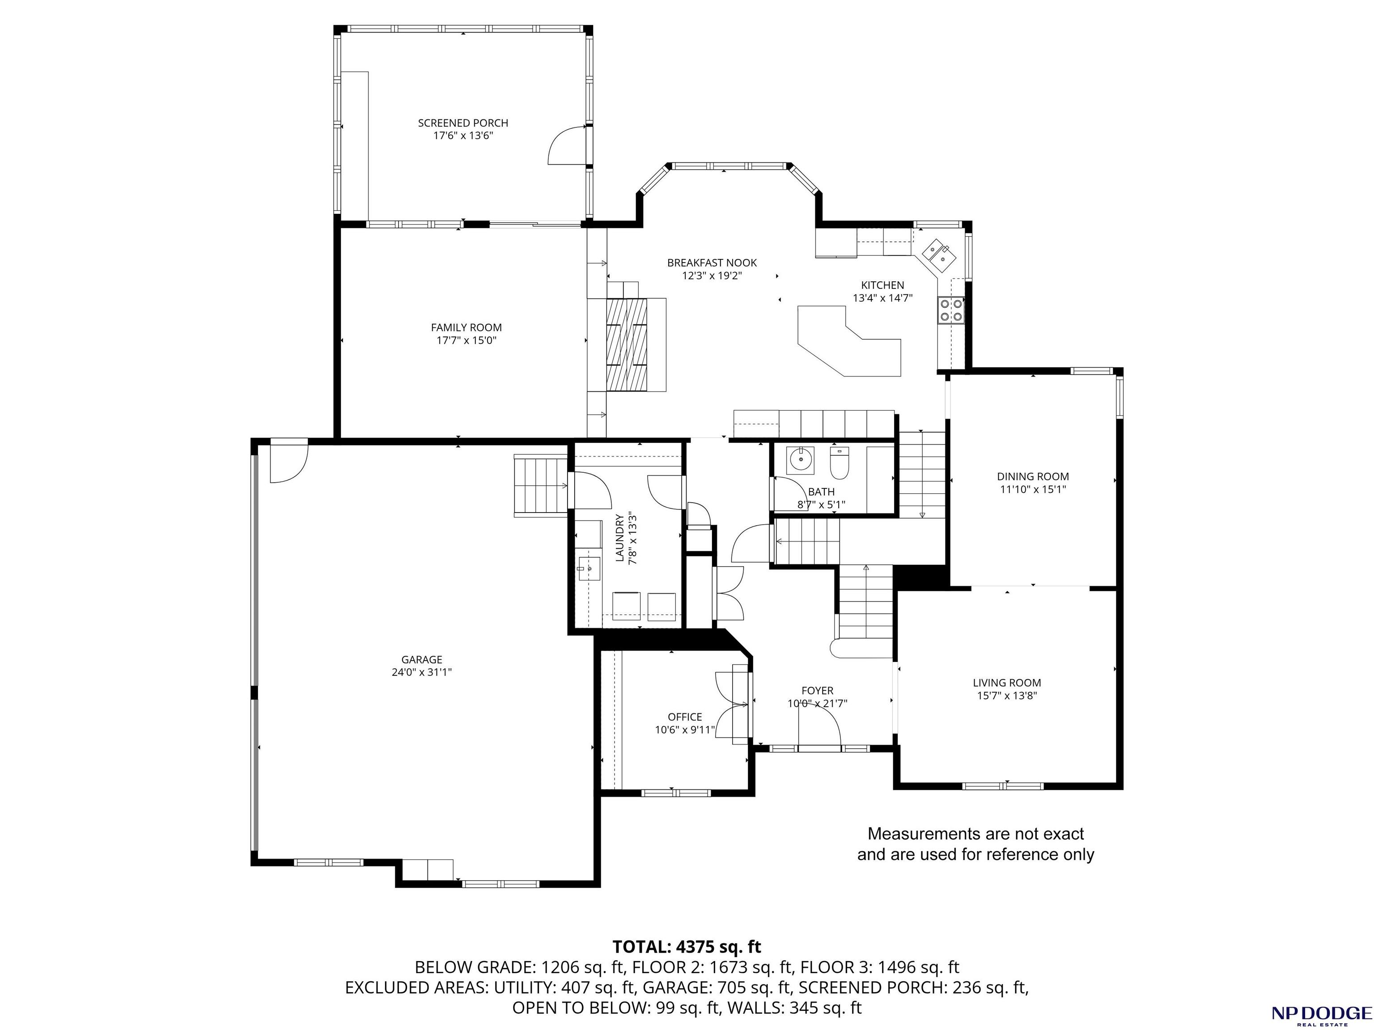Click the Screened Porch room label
tap(463, 123)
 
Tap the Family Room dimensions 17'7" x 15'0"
tap(466, 340)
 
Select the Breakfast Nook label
tap(712, 263)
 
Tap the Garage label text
tap(422, 660)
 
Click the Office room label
tap(685, 717)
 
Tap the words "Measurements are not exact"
tap(976, 834)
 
